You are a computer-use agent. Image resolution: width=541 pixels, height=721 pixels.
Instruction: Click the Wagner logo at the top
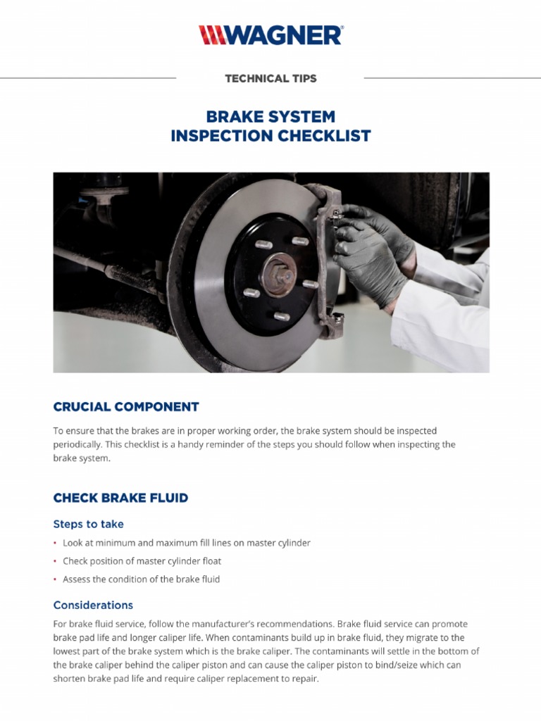click(x=270, y=35)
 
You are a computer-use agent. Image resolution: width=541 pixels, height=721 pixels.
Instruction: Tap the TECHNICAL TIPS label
click(x=270, y=78)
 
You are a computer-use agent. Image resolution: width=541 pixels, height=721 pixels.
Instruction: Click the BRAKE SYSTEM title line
click(x=270, y=116)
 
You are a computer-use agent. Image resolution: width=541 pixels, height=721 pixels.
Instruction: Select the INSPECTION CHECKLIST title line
click(x=270, y=136)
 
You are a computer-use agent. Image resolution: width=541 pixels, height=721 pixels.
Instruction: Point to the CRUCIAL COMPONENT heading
click(x=126, y=407)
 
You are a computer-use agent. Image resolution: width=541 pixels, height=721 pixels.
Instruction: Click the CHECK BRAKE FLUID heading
click(x=120, y=498)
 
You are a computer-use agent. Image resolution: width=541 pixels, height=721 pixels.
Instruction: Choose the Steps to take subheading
click(x=88, y=524)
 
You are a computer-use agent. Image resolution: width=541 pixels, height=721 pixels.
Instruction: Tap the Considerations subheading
click(x=93, y=605)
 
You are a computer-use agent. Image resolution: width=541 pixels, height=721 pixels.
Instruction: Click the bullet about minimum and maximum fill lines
click(x=186, y=543)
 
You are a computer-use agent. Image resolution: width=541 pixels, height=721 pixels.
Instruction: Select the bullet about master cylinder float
click(x=151, y=561)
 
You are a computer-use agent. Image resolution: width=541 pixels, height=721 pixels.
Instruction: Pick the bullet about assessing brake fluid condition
click(x=141, y=579)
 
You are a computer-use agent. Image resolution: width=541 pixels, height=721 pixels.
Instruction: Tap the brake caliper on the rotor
click(x=324, y=261)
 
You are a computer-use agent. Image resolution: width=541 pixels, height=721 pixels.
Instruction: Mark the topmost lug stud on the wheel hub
click(x=299, y=242)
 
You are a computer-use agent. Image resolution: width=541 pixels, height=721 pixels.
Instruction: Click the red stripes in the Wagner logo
click(x=211, y=35)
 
